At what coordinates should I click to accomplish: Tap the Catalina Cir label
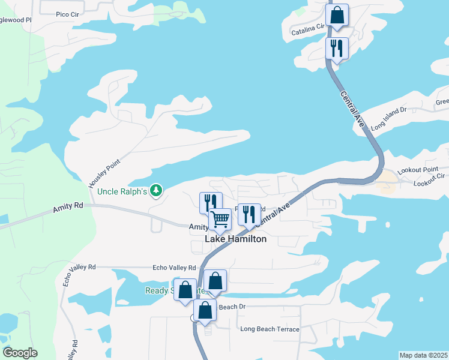pyautogui.click(x=308, y=29)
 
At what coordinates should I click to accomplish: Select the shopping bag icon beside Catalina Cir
pyautogui.click(x=337, y=16)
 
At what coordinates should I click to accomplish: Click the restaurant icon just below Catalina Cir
pyautogui.click(x=337, y=48)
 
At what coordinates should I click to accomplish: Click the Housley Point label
pyautogui.click(x=104, y=173)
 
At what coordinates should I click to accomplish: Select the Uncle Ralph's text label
pyautogui.click(x=122, y=192)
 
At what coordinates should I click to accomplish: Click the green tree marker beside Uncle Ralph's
pyautogui.click(x=156, y=190)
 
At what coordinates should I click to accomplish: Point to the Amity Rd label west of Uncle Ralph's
pyautogui.click(x=67, y=208)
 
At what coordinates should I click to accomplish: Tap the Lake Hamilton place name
pyautogui.click(x=236, y=239)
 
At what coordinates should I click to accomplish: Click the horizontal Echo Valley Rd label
pyautogui.click(x=174, y=268)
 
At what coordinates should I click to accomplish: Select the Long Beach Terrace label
pyautogui.click(x=270, y=329)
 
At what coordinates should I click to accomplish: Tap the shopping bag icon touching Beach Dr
pyautogui.click(x=205, y=310)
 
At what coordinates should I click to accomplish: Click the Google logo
pyautogui.click(x=20, y=353)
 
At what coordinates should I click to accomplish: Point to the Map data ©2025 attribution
pyautogui.click(x=423, y=355)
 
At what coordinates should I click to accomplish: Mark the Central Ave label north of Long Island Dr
pyautogui.click(x=352, y=109)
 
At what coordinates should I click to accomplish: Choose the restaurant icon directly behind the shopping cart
pyautogui.click(x=210, y=202)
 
